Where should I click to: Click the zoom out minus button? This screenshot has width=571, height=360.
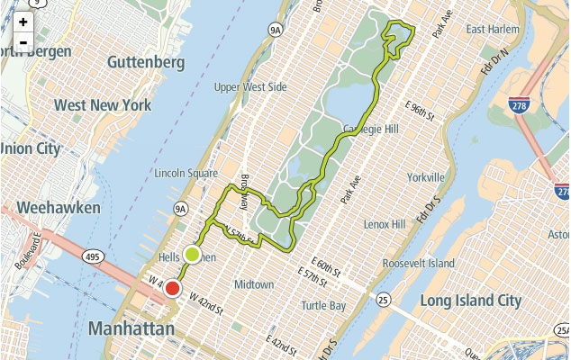click(x=23, y=41)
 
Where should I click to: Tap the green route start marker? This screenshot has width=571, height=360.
click(x=192, y=254)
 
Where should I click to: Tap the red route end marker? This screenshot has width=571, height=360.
click(x=172, y=289)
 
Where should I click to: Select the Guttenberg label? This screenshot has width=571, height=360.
click(x=145, y=62)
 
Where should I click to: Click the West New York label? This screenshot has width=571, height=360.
click(x=102, y=105)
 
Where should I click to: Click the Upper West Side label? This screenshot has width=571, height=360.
click(x=250, y=87)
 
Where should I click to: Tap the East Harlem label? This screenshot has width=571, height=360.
click(x=493, y=30)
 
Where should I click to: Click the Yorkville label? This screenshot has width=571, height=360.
click(x=426, y=176)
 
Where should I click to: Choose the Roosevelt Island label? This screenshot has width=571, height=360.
click(x=418, y=263)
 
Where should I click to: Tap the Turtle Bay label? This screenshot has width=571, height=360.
click(x=324, y=306)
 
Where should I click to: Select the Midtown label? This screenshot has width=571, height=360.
click(x=254, y=284)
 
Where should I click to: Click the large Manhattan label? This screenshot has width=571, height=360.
click(x=131, y=329)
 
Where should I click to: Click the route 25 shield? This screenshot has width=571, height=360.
click(x=384, y=299)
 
